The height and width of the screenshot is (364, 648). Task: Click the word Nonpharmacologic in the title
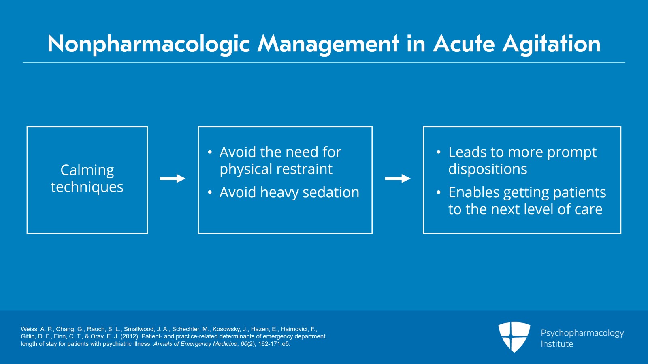[x=149, y=44]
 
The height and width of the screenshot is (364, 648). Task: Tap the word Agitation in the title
[x=551, y=44]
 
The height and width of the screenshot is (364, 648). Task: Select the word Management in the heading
[x=328, y=44]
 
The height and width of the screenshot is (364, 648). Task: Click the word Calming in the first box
[x=87, y=170]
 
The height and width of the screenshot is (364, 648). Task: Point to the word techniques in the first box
[x=87, y=187]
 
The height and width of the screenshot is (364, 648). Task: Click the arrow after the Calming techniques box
[x=173, y=179]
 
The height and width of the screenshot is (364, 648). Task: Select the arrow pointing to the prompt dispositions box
[x=397, y=179]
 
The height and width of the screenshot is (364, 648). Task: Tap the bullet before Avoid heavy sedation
[x=210, y=192]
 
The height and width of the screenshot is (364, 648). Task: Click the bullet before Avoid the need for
[x=210, y=152]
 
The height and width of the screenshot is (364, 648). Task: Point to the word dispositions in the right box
[x=488, y=169]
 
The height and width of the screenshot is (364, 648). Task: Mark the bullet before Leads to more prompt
[x=439, y=152]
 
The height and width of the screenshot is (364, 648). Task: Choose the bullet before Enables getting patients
[x=439, y=192]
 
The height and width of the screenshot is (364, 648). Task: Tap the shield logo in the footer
[x=514, y=337]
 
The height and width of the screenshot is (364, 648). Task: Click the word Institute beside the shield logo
[x=557, y=344]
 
